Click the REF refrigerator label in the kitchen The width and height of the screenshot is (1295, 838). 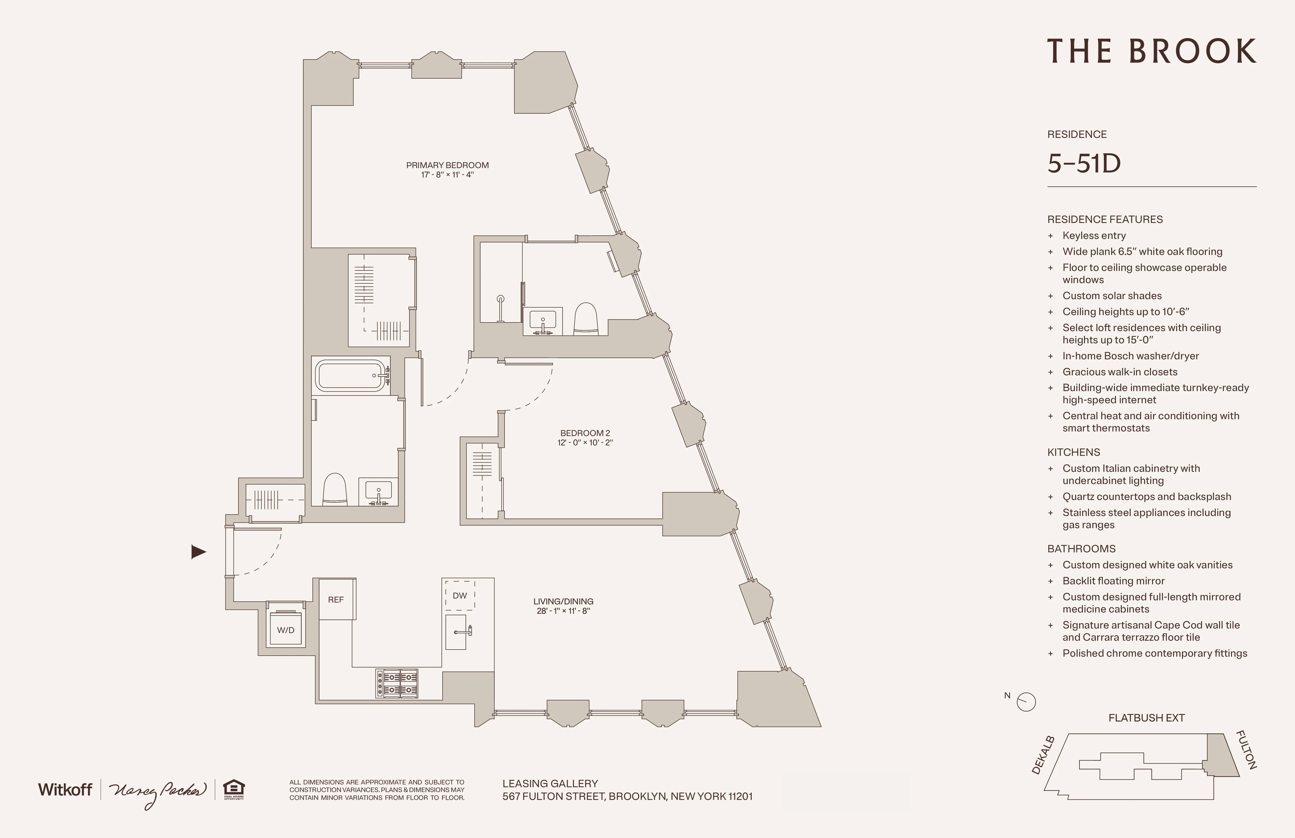coord(336,600)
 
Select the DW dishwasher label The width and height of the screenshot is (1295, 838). coord(460,595)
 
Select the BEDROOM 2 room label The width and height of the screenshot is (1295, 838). coord(585,433)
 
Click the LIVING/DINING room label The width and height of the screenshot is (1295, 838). coord(563,601)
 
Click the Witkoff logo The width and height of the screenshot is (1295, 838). coord(65,789)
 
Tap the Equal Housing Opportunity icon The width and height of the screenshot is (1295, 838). coord(234,789)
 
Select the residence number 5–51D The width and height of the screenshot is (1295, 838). coord(1084,163)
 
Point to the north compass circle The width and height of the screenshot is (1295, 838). coord(1026,702)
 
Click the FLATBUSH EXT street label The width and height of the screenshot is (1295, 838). coord(1146,718)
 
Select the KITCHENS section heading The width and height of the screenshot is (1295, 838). coord(1074,452)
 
